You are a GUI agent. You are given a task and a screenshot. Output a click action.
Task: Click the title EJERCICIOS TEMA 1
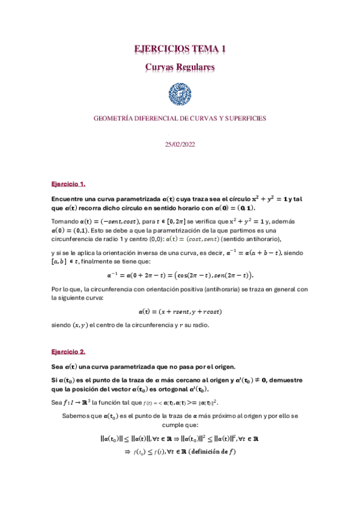point(180,49)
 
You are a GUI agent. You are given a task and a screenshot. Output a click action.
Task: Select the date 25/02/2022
point(180,144)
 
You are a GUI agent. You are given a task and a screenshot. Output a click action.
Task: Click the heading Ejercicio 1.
point(69,183)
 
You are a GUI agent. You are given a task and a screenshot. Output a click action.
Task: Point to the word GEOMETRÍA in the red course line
point(114,118)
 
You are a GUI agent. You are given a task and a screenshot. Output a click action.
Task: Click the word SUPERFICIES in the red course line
point(244,118)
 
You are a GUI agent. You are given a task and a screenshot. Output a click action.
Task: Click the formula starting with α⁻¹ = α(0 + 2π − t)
point(180,275)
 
